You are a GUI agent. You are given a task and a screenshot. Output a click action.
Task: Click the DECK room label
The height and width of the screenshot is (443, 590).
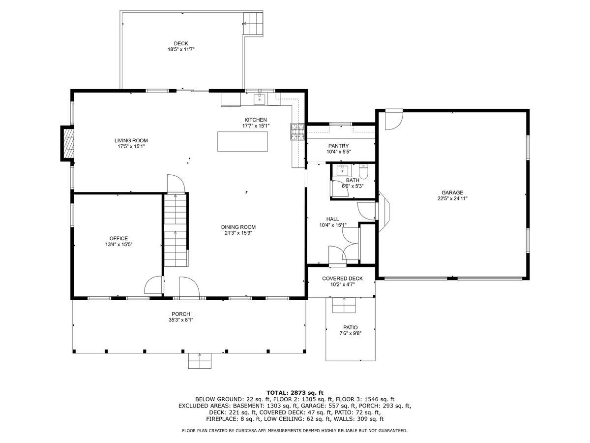point(180,43)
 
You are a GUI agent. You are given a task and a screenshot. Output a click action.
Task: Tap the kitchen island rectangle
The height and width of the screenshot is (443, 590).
point(242,141)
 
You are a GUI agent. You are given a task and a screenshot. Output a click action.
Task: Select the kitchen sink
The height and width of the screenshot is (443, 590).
point(259,99)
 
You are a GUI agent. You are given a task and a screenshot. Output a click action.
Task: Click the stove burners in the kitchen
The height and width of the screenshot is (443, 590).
point(297,132)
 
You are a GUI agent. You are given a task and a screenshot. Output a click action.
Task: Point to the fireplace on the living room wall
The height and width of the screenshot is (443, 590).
point(67,143)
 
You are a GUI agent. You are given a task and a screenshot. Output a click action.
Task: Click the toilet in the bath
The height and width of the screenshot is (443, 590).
point(363,172)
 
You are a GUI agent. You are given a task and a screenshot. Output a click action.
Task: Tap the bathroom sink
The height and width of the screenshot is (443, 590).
point(342,170)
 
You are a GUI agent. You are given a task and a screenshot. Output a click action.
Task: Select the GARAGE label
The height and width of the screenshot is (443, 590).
point(452,192)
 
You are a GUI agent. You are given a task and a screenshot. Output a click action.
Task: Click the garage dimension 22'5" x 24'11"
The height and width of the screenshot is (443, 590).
point(452,199)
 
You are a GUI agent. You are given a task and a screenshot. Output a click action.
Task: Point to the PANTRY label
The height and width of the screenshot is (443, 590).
point(338,146)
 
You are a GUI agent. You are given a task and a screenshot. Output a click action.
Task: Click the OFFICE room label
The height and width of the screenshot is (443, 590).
point(118,238)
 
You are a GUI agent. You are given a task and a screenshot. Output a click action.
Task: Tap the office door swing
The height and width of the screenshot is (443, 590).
point(153,285)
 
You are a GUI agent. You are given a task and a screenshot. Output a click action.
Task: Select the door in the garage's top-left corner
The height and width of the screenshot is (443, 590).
point(394,120)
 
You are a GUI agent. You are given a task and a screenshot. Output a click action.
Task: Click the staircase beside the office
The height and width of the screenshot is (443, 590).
point(175,230)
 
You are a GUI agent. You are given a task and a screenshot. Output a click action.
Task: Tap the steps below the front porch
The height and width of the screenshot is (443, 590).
point(200,361)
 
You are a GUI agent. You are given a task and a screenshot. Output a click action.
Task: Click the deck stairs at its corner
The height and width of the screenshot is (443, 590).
point(253,24)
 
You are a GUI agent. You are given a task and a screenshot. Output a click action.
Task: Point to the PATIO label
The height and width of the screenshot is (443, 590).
point(350,327)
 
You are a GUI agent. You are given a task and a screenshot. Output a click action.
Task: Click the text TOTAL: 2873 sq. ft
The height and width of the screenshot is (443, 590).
point(295,393)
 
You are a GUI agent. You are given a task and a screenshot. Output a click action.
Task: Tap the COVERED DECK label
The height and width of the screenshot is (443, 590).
point(342,279)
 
